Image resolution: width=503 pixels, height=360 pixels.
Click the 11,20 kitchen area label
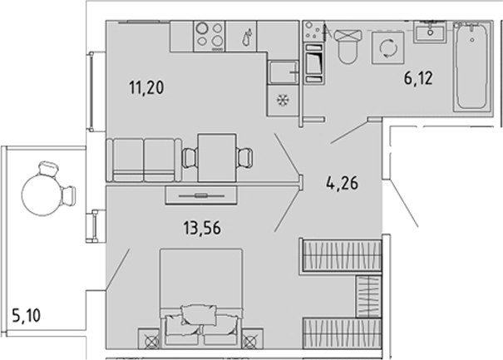click(146, 87)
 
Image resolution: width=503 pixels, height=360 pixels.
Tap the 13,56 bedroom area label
click(202, 229)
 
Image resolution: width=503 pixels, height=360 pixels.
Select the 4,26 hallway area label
click(342, 184)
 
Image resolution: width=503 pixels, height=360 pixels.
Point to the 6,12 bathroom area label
click(418, 78)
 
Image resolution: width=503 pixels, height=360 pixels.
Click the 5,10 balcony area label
click(27, 315)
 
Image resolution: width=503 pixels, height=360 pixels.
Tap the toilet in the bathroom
click(348, 47)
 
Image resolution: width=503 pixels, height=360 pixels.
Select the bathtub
click(472, 67)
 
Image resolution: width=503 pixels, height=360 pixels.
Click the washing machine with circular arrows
click(388, 48)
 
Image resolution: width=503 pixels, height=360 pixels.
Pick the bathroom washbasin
click(430, 32)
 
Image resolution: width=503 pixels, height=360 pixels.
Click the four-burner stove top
click(210, 36)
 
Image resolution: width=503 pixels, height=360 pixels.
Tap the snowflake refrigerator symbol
click(283, 101)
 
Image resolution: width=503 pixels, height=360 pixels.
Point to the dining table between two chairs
click(217, 158)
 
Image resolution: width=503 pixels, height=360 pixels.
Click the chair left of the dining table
click(190, 157)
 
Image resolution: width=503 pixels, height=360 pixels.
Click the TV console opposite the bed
click(201, 195)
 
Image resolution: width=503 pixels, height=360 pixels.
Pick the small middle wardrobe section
click(368, 297)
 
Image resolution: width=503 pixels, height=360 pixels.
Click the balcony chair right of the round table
click(68, 195)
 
